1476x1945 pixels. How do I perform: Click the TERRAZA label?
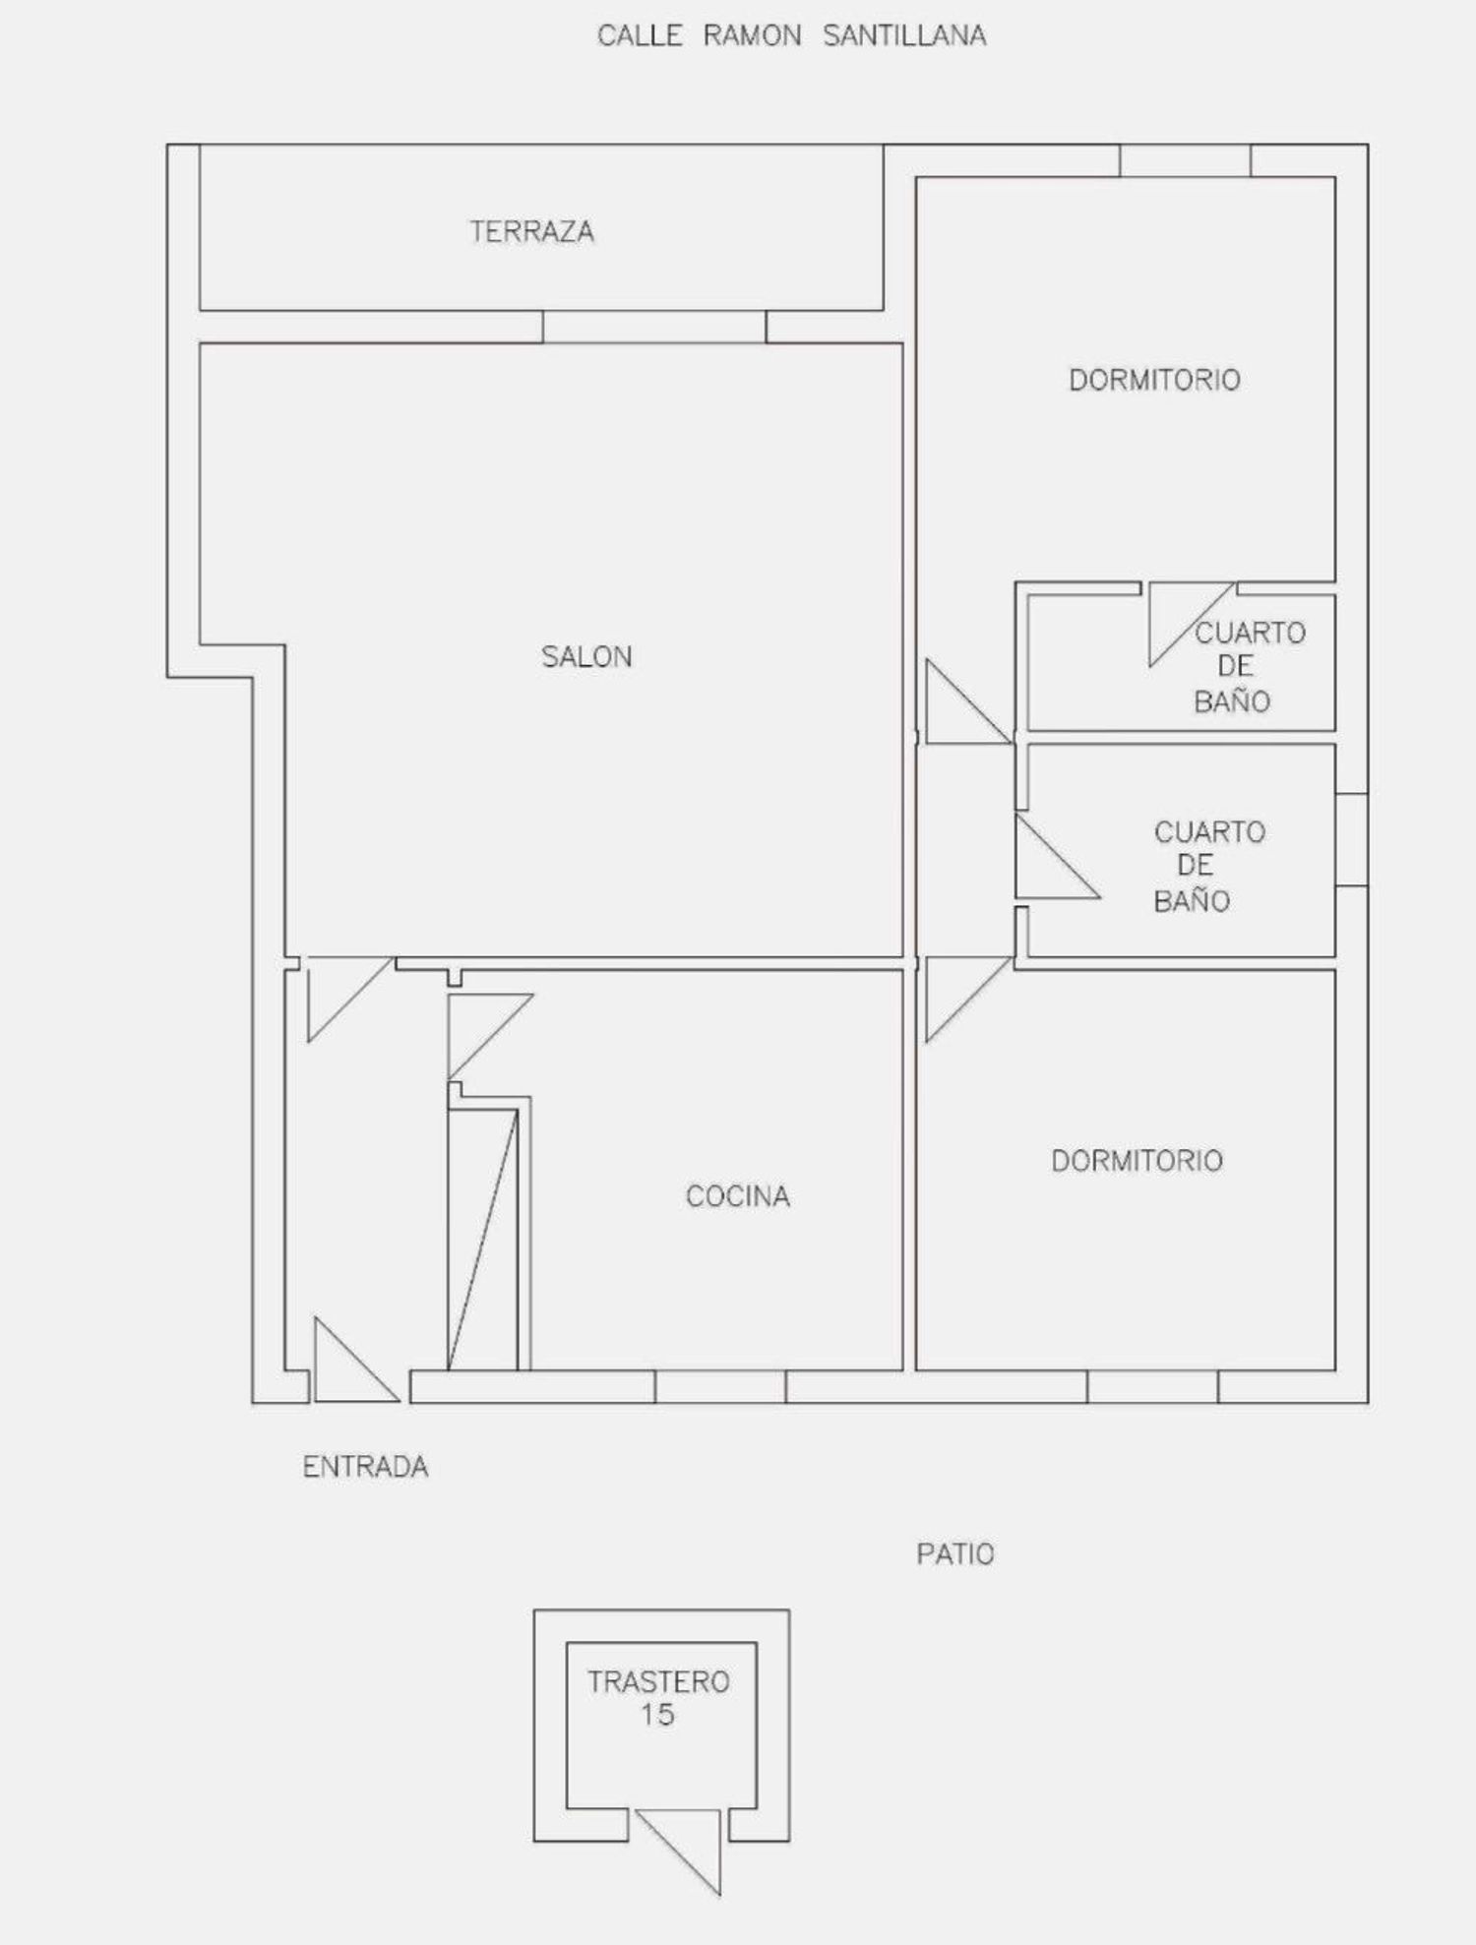[531, 232]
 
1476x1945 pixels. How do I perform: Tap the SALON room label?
[586, 656]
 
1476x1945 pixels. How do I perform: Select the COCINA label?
[738, 1196]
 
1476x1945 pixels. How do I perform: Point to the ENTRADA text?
[365, 1467]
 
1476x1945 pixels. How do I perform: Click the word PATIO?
[955, 1554]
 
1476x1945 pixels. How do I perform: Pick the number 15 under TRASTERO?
[657, 1715]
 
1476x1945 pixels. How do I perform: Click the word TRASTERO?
[658, 1681]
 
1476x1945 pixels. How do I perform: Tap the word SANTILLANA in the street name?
[904, 35]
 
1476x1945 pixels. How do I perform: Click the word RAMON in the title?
[752, 35]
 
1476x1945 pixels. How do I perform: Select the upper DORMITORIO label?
[1154, 380]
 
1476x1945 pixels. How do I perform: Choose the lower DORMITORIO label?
[1137, 1161]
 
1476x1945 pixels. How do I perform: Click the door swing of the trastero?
[679, 1852]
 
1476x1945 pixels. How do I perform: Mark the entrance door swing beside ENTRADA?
[355, 1361]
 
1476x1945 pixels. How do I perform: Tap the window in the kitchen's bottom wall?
[720, 1386]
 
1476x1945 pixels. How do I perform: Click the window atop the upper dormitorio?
[1185, 161]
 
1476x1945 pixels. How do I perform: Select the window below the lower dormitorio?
[1152, 1386]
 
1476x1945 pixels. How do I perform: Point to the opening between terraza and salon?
[654, 327]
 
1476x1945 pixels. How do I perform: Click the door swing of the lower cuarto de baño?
[1057, 856]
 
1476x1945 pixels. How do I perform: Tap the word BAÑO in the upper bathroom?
[1232, 700]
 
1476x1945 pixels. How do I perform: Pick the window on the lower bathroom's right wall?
[1352, 839]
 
